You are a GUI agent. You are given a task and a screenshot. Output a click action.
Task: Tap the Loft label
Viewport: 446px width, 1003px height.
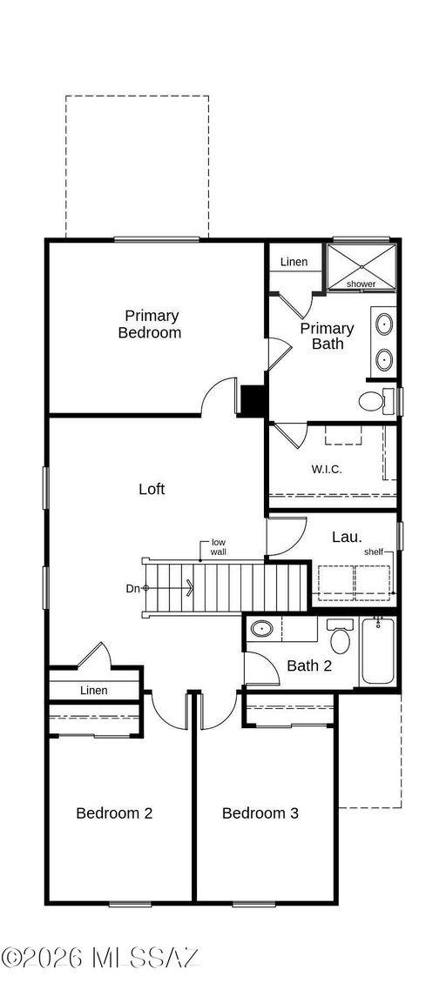(x=152, y=490)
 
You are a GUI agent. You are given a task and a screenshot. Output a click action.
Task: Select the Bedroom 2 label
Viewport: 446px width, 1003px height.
(x=114, y=813)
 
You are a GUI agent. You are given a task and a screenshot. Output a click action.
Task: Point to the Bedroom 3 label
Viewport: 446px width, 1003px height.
(x=260, y=813)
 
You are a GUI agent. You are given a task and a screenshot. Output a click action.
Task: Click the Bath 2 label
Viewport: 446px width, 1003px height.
(x=309, y=665)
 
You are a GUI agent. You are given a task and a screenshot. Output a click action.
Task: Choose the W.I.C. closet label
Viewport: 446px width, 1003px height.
(x=327, y=469)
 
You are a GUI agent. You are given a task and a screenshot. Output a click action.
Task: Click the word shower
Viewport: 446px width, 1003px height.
(x=362, y=284)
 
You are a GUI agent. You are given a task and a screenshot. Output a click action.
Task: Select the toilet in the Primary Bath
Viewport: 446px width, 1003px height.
(x=377, y=400)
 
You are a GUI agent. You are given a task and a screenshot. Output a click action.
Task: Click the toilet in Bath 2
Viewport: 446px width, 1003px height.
(x=340, y=636)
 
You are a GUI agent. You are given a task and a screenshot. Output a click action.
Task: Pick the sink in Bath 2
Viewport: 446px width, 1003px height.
(x=261, y=629)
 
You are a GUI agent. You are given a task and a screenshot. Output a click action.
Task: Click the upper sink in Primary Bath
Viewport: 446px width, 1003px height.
(x=384, y=324)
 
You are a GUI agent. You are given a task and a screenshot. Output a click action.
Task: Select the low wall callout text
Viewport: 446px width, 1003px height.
(x=219, y=547)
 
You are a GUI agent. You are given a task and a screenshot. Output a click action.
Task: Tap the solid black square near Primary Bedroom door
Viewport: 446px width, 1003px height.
(x=253, y=400)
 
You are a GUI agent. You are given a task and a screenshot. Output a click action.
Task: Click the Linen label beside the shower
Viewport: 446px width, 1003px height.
(x=294, y=262)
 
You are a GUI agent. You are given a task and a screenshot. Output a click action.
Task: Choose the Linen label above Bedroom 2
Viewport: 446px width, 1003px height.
(x=93, y=690)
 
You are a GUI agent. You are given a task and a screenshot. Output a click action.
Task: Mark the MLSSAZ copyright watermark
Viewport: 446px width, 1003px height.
(x=101, y=958)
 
